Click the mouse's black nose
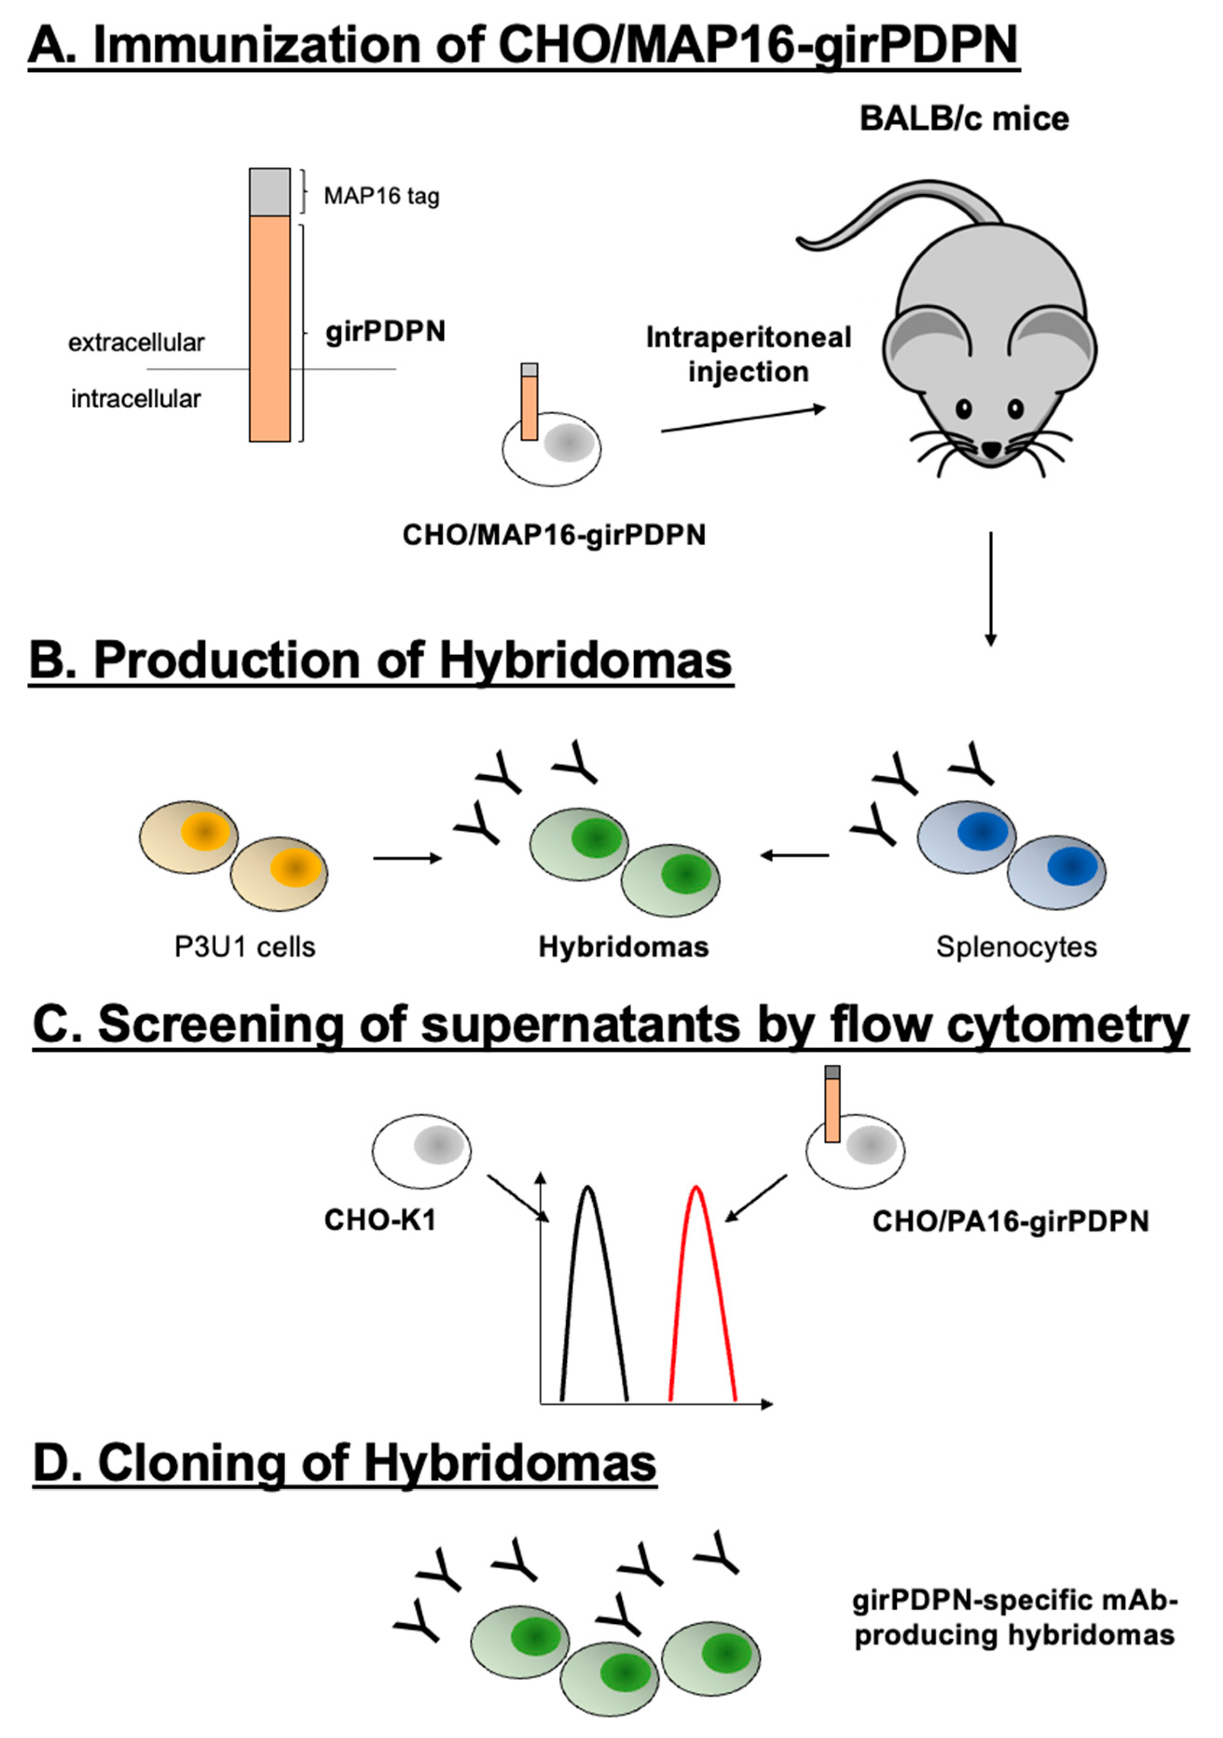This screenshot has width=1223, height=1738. (x=990, y=450)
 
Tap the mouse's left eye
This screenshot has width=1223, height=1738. (x=963, y=409)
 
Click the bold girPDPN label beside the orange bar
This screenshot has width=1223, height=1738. (x=385, y=332)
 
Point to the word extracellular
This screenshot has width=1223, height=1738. (x=136, y=343)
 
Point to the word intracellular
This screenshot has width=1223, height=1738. (x=136, y=399)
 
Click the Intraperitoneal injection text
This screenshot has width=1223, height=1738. (x=748, y=354)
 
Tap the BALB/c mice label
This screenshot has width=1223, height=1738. (x=964, y=119)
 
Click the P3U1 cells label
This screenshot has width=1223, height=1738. (x=245, y=946)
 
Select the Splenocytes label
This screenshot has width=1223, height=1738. (x=1016, y=946)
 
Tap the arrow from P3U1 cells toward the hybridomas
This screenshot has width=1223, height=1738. (x=407, y=858)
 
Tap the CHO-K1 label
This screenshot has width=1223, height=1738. (x=380, y=1220)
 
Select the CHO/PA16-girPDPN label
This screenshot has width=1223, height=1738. (x=1010, y=1221)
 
